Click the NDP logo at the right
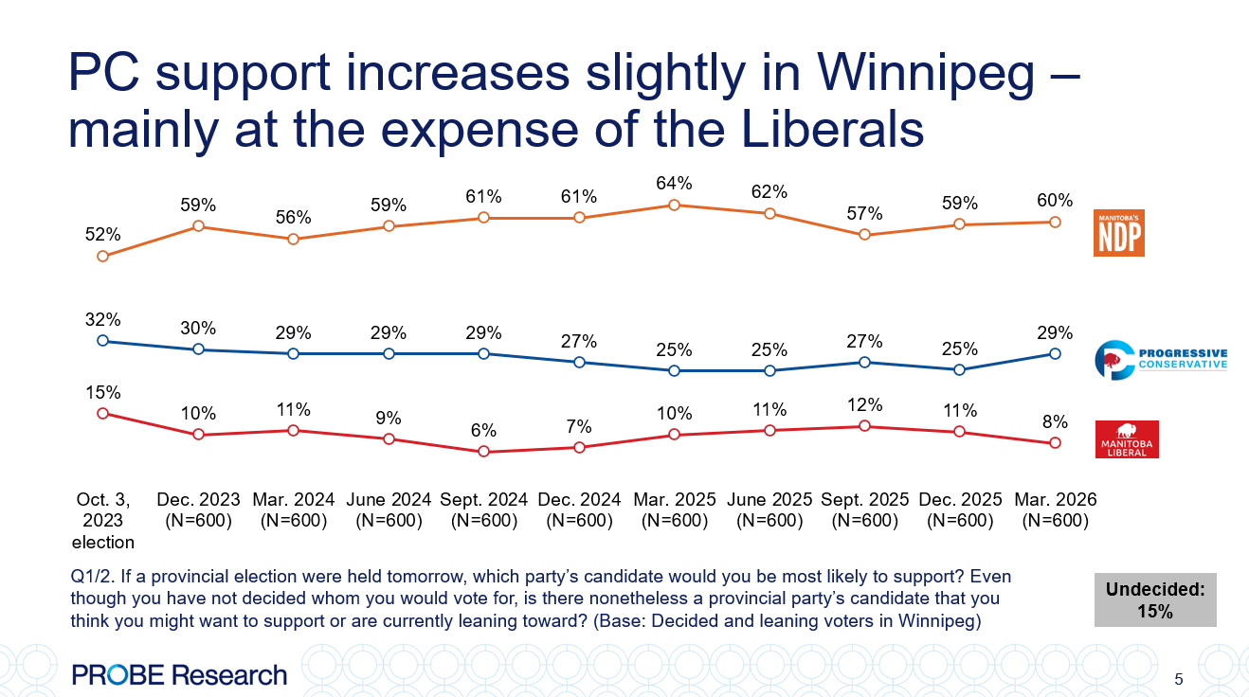pyautogui.click(x=1119, y=232)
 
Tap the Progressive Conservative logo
pyautogui.click(x=1161, y=360)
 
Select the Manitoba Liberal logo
pyautogui.click(x=1127, y=439)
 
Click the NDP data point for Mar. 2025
pyautogui.click(x=674, y=205)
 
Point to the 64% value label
pyautogui.click(x=674, y=183)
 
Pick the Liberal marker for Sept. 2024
pyautogui.click(x=483, y=452)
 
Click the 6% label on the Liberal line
pyautogui.click(x=483, y=429)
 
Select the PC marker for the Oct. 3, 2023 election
pyautogui.click(x=102, y=341)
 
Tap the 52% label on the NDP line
pyautogui.click(x=102, y=233)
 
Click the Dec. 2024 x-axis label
pyautogui.click(x=579, y=509)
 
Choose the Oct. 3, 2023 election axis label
pyautogui.click(x=102, y=521)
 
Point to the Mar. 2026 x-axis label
pyautogui.click(x=1055, y=509)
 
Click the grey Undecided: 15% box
pyautogui.click(x=1155, y=599)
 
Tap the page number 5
pyautogui.click(x=1178, y=679)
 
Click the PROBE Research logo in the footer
pyautogui.click(x=179, y=675)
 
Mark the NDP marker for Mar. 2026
pyautogui.click(x=1055, y=222)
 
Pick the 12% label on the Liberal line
pyautogui.click(x=864, y=404)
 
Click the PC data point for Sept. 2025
pyautogui.click(x=864, y=362)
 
